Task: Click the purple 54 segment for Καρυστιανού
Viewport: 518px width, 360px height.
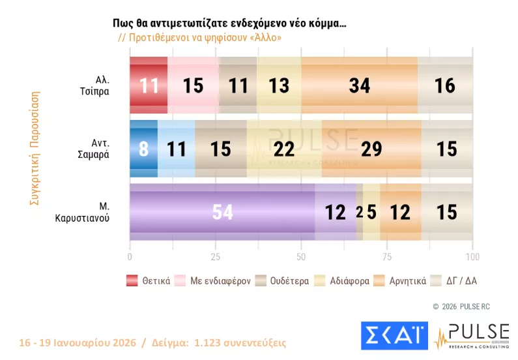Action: pyautogui.click(x=222, y=212)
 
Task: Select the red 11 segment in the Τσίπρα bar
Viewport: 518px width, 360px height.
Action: pyautogui.click(x=149, y=85)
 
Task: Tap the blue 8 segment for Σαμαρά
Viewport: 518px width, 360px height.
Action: pyautogui.click(x=143, y=149)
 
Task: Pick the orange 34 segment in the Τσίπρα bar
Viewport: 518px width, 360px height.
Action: pyautogui.click(x=360, y=85)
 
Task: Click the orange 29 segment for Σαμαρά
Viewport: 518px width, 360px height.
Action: pyautogui.click(x=371, y=149)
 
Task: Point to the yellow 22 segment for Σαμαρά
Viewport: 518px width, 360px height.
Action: pyautogui.click(x=284, y=149)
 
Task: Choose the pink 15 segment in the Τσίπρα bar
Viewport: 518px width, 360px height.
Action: pyautogui.click(x=193, y=85)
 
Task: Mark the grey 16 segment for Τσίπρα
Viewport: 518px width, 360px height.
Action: pyautogui.click(x=445, y=85)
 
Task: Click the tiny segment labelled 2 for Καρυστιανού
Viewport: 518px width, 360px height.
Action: pyautogui.click(x=360, y=212)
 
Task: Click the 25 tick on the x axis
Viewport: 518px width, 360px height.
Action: pyautogui.click(x=216, y=256)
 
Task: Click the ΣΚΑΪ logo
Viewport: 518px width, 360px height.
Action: pyautogui.click(x=393, y=335)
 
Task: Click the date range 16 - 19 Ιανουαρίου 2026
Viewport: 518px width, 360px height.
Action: pyautogui.click(x=76, y=342)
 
